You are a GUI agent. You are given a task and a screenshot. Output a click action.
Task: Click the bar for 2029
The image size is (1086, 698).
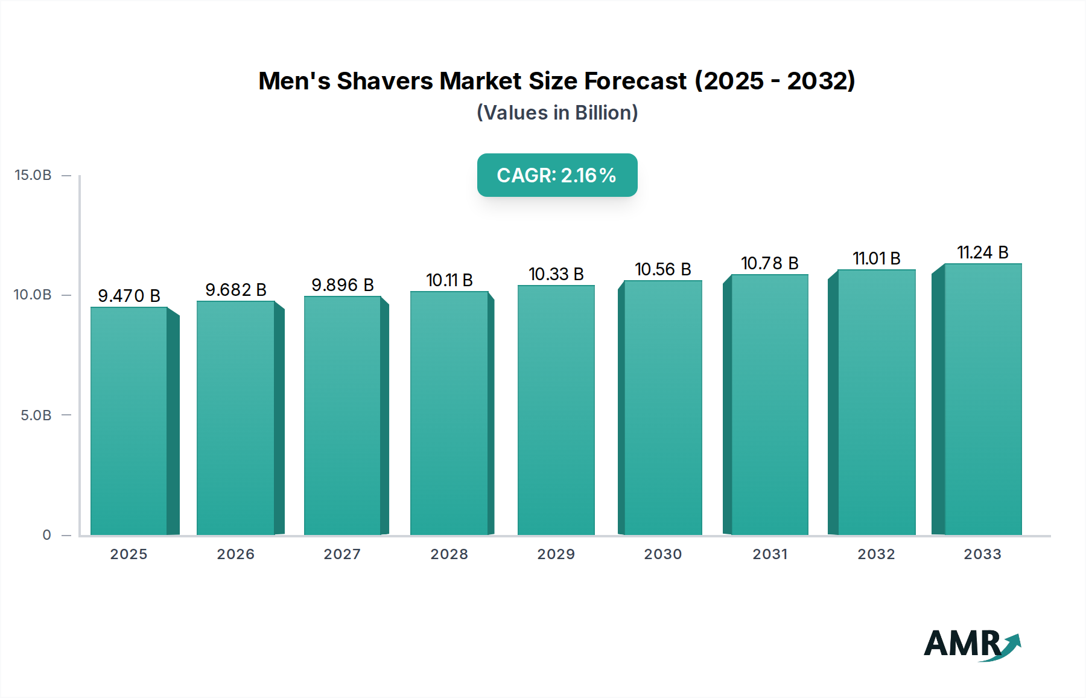point(556,410)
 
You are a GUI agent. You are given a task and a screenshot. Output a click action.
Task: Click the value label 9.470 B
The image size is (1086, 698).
point(129,296)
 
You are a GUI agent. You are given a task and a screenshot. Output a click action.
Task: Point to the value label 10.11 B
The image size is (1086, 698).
point(449,280)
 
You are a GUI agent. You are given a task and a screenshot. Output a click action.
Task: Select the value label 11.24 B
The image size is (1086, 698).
point(982,252)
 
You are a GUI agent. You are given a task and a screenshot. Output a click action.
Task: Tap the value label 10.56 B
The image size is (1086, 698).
point(662,269)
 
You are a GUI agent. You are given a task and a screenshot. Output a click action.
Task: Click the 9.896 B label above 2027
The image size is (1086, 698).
point(343,285)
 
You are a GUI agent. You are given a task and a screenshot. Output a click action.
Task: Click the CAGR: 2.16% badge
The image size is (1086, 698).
point(557,175)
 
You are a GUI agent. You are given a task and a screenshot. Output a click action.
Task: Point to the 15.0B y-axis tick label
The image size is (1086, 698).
point(33,175)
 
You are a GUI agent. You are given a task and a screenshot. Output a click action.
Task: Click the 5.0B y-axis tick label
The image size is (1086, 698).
point(36,415)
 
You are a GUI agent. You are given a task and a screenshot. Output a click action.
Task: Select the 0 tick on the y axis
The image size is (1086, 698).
point(47,535)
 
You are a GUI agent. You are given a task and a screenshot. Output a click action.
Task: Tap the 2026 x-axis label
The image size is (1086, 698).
point(236,554)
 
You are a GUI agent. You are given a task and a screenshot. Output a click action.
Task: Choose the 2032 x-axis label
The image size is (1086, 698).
point(876,554)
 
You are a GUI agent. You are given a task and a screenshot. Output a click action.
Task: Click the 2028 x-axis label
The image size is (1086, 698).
point(449,554)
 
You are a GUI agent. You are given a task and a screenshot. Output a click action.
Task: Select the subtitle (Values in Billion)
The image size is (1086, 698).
point(557,113)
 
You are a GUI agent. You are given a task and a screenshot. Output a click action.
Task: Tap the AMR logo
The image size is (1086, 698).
point(971,644)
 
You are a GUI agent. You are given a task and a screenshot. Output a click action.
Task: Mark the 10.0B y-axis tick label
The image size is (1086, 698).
point(33,295)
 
